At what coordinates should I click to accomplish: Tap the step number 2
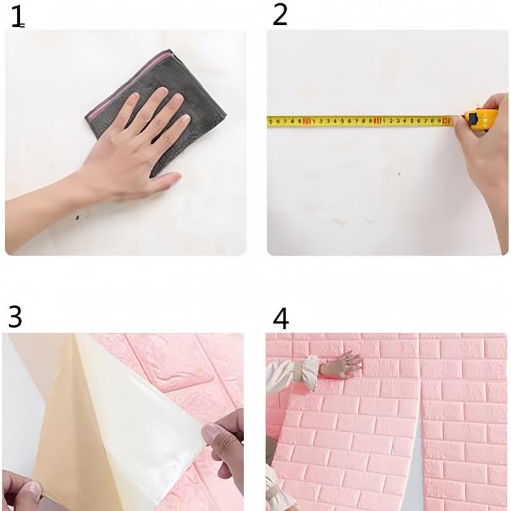(280, 15)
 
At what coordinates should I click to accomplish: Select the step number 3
(15, 317)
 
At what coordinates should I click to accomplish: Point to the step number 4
(280, 317)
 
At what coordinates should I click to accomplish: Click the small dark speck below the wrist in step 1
(78, 217)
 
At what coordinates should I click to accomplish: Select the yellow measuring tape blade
(358, 119)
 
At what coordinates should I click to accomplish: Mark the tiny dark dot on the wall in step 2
(400, 173)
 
